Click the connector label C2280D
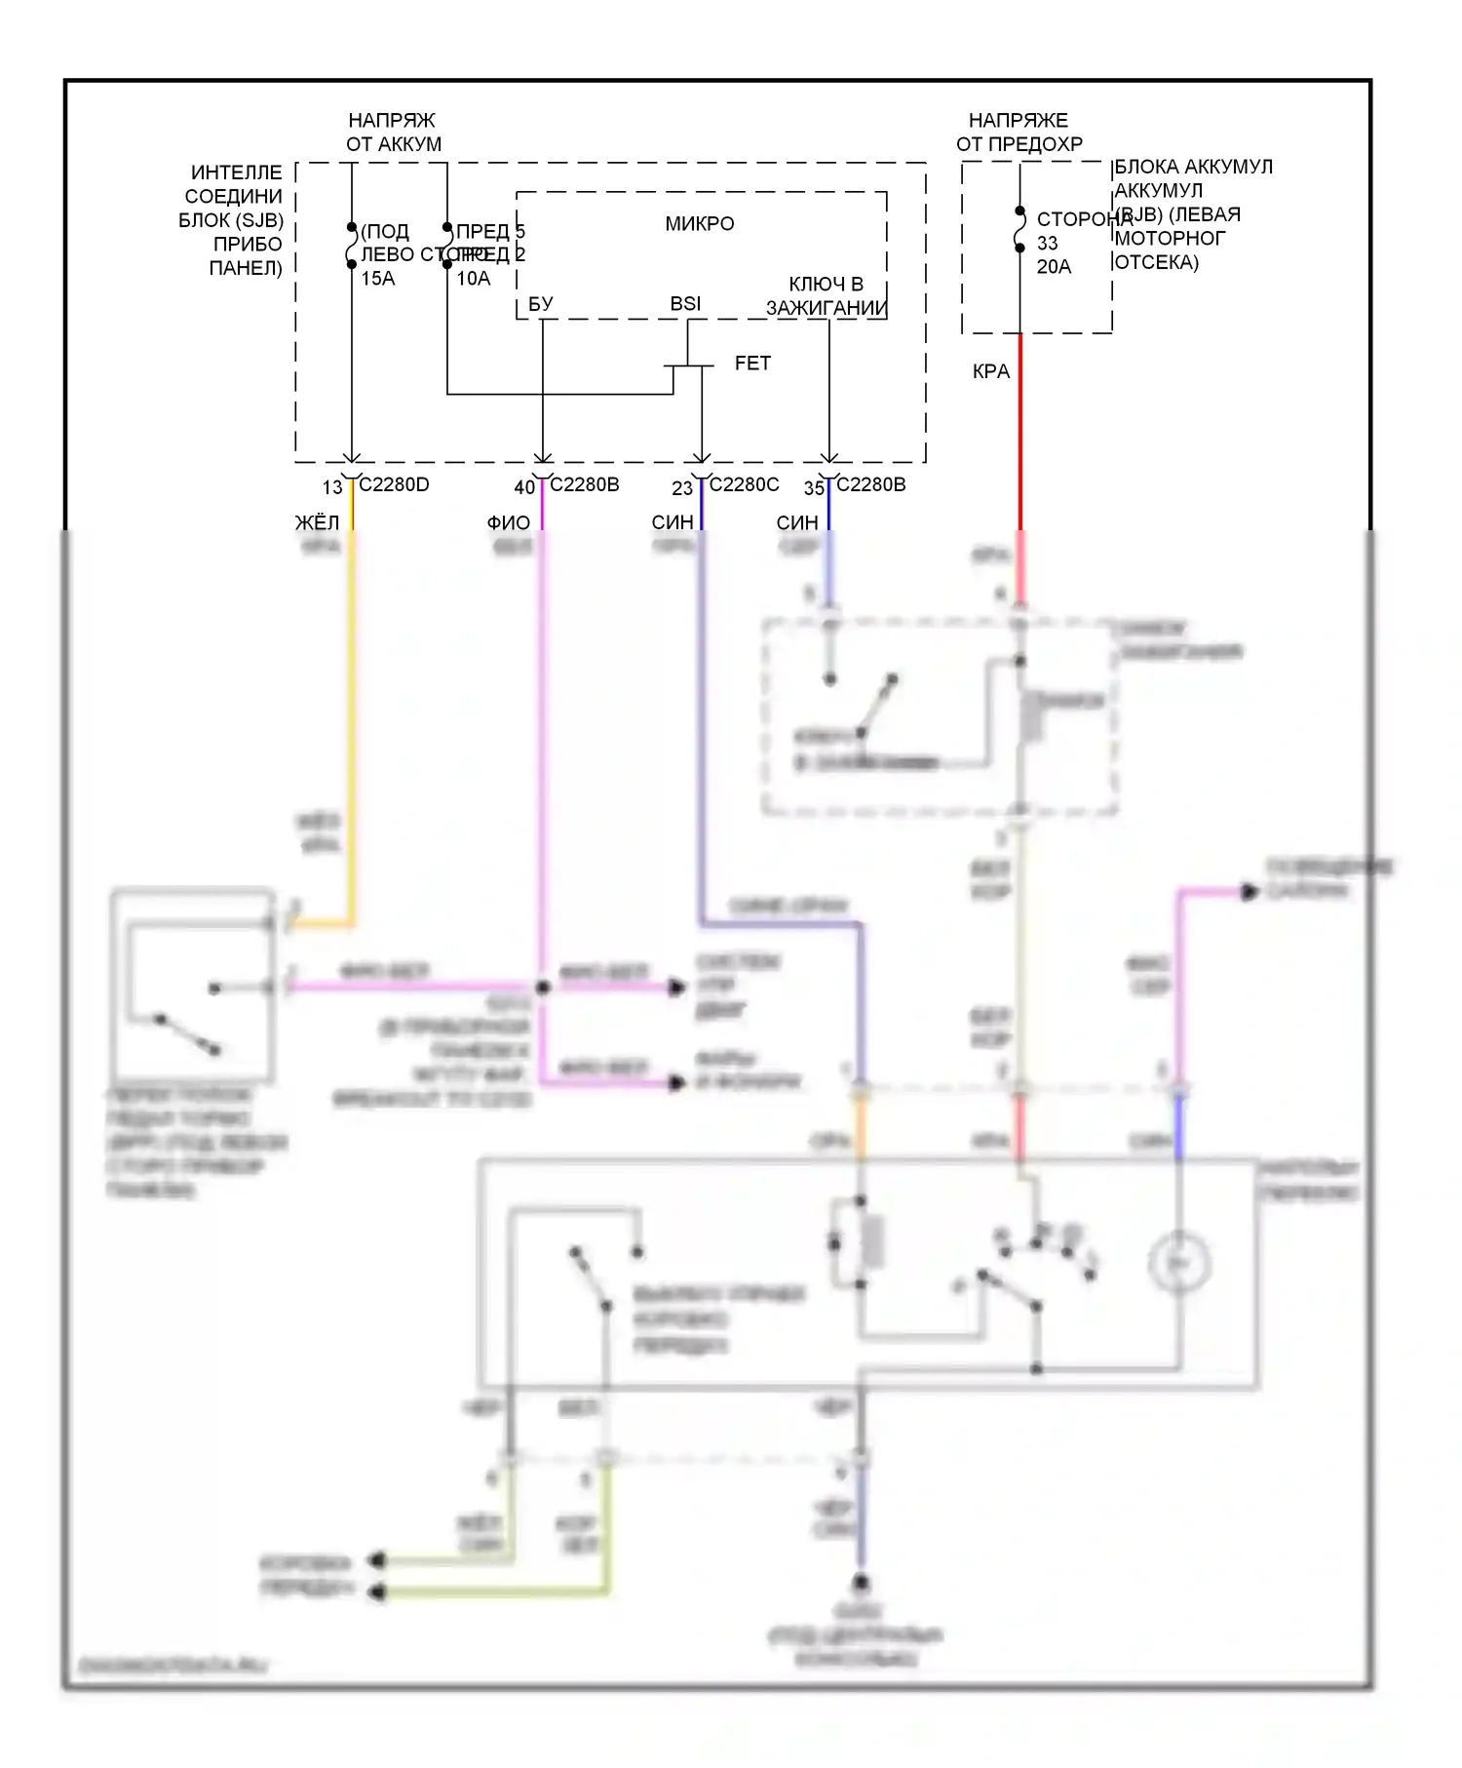coord(394,484)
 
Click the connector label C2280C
coord(744,484)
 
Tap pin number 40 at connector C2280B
coord(524,487)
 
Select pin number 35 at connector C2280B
coord(814,487)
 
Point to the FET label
coord(752,364)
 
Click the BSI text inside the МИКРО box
coord(685,304)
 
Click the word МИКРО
coord(700,224)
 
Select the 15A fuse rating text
coord(378,279)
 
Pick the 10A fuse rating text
coord(474,279)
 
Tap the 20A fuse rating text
coord(1054,267)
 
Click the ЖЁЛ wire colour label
coord(317,523)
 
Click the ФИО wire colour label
coord(509,523)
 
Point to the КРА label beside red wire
coord(991,371)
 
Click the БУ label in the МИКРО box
coord(541,304)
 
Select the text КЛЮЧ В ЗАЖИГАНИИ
coord(827,296)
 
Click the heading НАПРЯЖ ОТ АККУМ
coord(394,133)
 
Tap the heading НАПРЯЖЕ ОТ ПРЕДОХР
coord(1019,133)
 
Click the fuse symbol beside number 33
coord(1020,229)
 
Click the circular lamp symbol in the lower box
coord(1179,1263)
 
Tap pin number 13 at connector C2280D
coord(332,487)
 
